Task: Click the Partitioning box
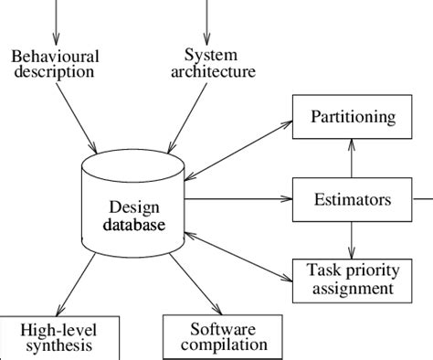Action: [x=352, y=117]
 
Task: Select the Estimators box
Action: [x=352, y=198]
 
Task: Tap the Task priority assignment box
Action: [x=352, y=279]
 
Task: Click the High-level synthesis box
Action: [x=60, y=337]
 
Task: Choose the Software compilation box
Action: [x=224, y=337]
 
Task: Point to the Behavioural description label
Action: [x=55, y=63]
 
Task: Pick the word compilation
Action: [x=224, y=344]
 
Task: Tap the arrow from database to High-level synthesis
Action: [x=79, y=283]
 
